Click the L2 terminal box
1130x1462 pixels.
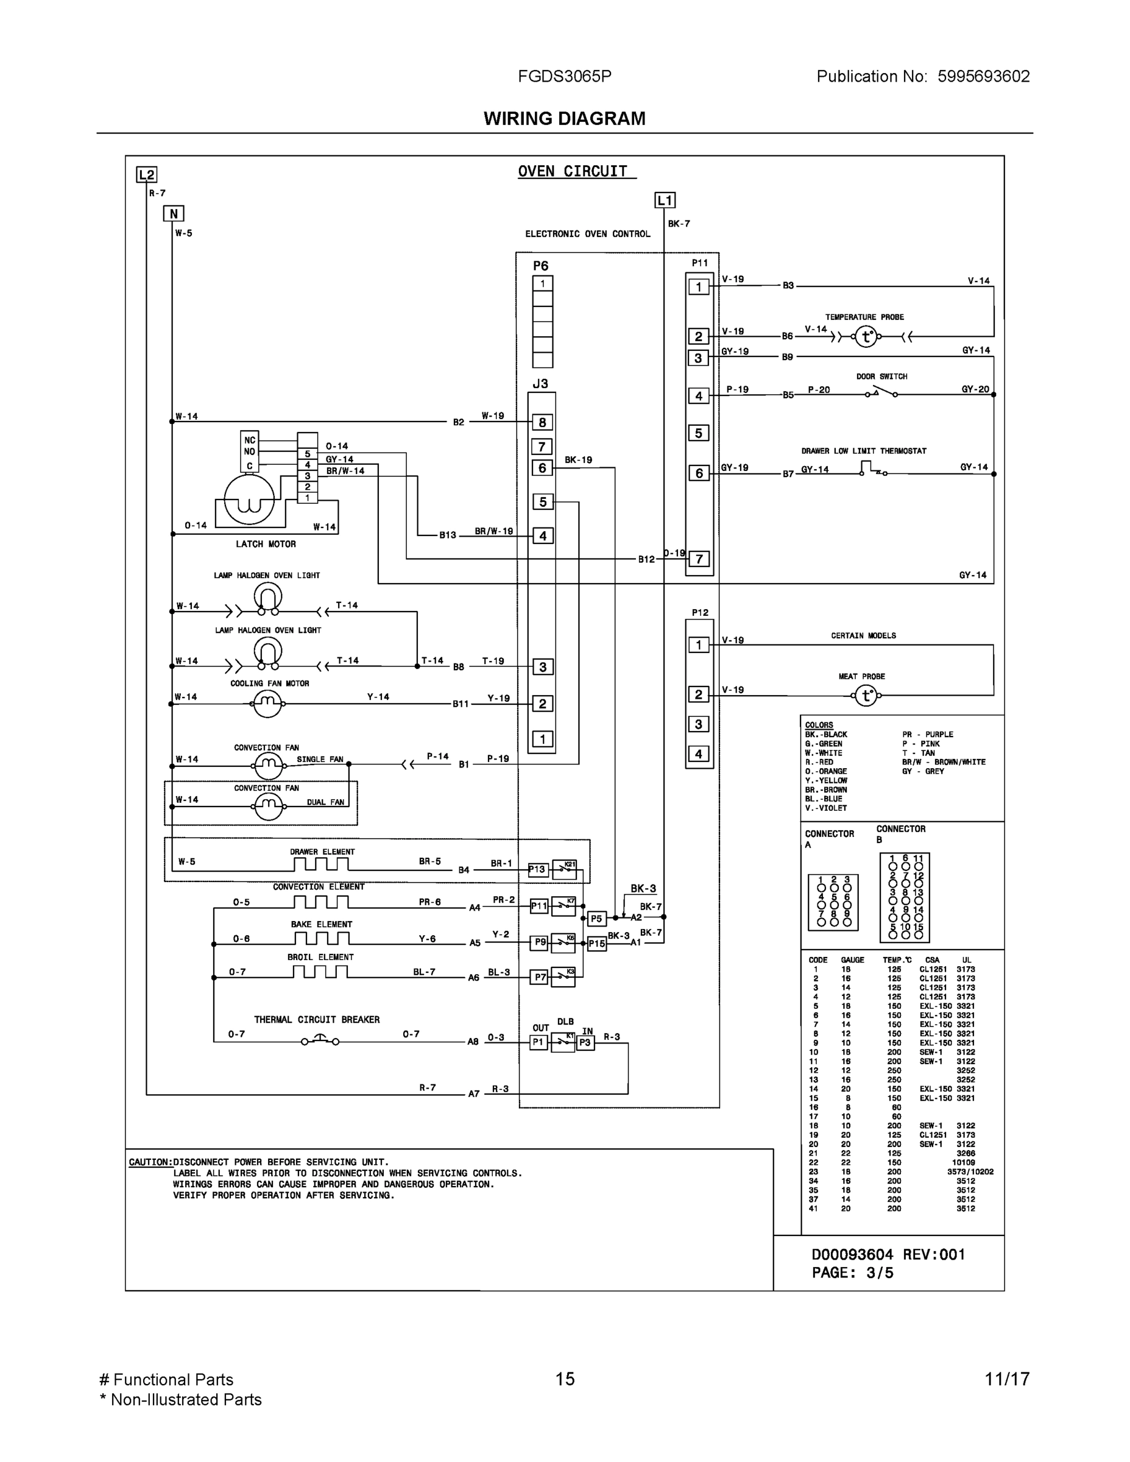point(146,175)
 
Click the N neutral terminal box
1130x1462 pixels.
point(174,214)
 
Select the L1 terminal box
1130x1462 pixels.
point(665,200)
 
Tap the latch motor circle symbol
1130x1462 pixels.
point(249,499)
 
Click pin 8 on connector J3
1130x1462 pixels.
point(542,422)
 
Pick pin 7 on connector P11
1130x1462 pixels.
point(699,559)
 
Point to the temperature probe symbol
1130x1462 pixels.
point(866,336)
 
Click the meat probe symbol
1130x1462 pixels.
point(866,696)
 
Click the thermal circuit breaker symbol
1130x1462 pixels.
point(320,1040)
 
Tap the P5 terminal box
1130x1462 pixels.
point(596,919)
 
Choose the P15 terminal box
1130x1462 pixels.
point(596,944)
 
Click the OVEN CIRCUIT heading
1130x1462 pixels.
point(573,171)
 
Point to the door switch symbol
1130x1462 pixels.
point(881,393)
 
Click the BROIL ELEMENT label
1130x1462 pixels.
point(320,957)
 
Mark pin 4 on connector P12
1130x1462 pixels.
point(699,754)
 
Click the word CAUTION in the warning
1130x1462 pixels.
point(150,1162)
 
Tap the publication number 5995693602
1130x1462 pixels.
point(983,76)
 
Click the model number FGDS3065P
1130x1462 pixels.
point(564,76)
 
